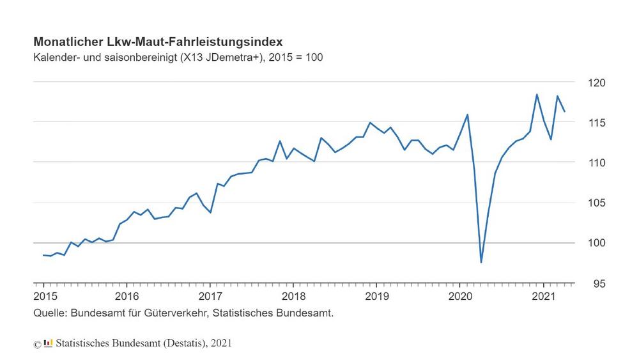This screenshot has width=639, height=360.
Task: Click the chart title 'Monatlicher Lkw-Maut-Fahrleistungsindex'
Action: (x=158, y=42)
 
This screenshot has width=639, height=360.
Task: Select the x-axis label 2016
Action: (x=127, y=296)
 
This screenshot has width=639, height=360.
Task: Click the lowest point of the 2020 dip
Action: (x=481, y=262)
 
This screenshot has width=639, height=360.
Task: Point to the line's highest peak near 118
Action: (x=537, y=95)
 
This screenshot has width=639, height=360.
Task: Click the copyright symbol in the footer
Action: (x=37, y=344)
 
